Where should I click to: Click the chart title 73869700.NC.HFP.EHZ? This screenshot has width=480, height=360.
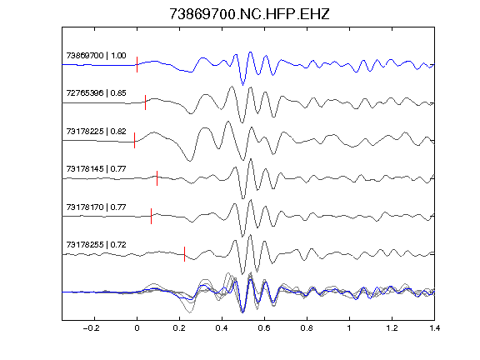coord(249,14)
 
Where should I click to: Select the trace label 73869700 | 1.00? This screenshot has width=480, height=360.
coord(96,55)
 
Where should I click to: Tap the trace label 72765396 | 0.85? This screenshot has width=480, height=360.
coord(96,93)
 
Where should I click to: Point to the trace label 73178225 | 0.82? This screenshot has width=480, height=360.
coord(96,132)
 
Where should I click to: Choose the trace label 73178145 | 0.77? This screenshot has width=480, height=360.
coord(96,169)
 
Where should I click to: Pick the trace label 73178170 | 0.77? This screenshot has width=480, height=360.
coord(96,207)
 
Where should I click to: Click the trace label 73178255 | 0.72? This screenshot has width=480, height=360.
coord(96,245)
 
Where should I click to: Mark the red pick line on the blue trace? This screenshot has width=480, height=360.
coord(137,65)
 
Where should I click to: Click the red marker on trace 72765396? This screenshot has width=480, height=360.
coord(145,102)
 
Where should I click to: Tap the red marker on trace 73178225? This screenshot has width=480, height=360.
coord(135,141)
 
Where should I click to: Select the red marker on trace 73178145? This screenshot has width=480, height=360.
coord(157,178)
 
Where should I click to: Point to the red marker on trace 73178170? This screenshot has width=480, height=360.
coord(151,216)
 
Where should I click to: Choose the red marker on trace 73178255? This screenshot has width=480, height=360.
coord(185,254)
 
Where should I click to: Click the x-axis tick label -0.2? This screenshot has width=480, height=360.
coord(91,328)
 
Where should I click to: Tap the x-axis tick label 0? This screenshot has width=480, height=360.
coord(137,328)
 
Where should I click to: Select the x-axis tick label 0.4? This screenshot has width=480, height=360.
coord(222,328)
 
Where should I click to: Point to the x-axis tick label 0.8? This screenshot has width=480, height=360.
coord(307,328)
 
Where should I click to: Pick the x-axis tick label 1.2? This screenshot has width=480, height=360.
coord(392,328)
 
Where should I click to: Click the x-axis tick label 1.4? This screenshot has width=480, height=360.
coord(435,328)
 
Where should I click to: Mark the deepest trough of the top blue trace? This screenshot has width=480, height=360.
coord(243,85)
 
